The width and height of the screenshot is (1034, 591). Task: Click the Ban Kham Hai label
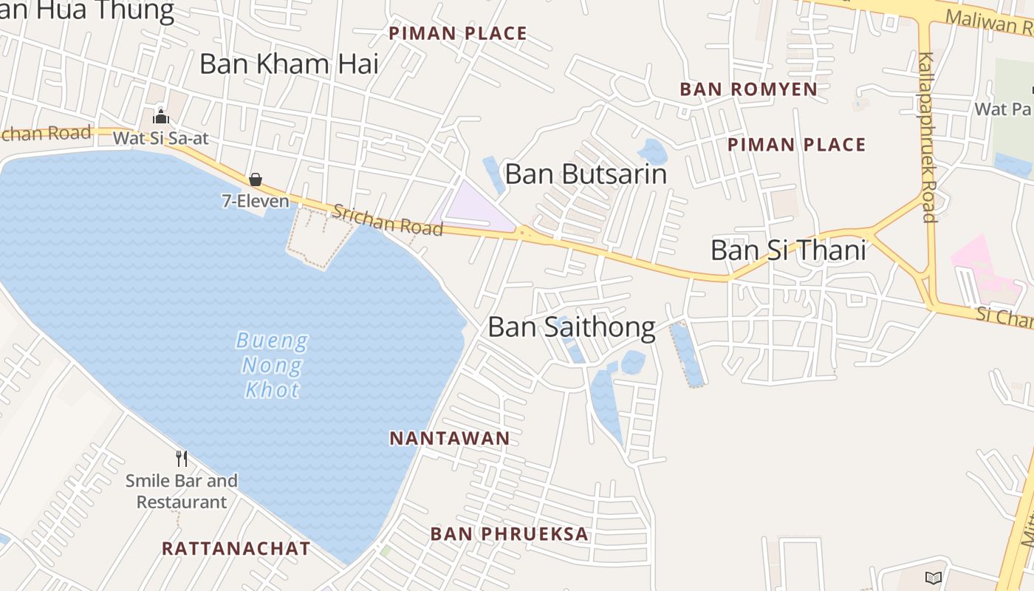[289, 64]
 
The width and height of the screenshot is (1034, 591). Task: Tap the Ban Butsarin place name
[586, 174]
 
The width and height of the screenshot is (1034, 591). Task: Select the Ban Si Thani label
[788, 250]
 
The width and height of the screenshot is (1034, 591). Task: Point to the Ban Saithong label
[572, 327]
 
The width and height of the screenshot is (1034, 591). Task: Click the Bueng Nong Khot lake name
[273, 365]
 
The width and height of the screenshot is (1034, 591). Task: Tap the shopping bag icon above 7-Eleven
[256, 180]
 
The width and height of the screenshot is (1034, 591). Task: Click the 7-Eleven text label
[256, 200]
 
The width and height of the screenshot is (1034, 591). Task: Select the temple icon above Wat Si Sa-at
[161, 117]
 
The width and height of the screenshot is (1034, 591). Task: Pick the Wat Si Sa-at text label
[161, 137]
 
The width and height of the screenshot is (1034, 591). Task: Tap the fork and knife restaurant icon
[182, 459]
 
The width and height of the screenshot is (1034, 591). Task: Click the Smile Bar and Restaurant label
[182, 491]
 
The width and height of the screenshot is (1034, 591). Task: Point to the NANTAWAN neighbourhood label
[450, 438]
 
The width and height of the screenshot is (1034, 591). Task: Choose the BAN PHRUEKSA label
[510, 533]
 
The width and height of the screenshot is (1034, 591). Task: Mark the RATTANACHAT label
[236, 548]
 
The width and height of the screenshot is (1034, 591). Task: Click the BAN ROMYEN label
[748, 89]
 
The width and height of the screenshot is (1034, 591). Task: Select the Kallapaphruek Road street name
[928, 137]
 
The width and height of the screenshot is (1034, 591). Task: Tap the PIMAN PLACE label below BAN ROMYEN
[796, 144]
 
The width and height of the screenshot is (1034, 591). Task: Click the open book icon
[934, 578]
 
